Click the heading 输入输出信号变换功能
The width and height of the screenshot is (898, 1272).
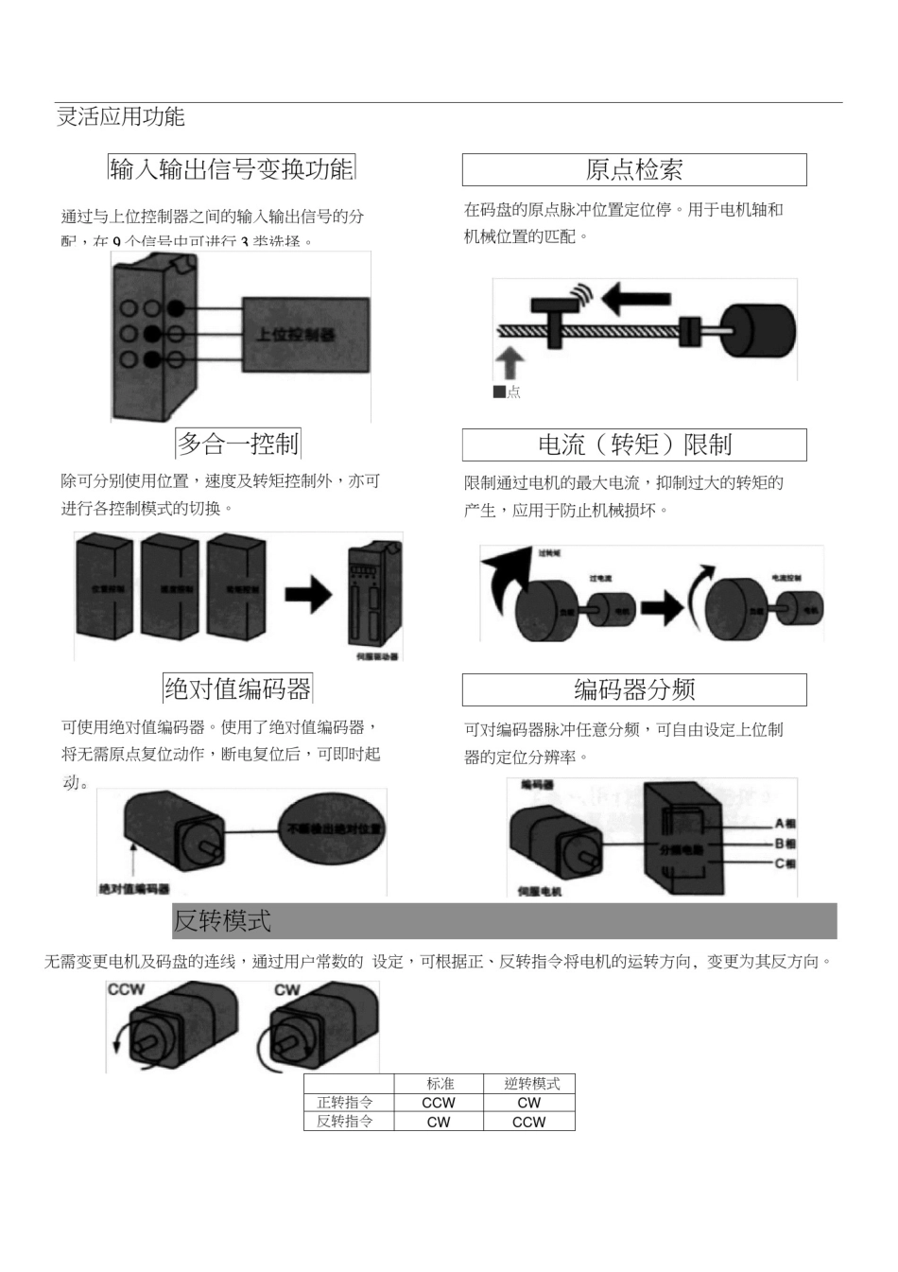tap(232, 168)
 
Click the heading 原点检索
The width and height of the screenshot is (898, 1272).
tap(633, 170)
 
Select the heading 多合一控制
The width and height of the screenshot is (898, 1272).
tap(238, 444)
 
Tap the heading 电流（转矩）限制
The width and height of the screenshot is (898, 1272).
tap(634, 444)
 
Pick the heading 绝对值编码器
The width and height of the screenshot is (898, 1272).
tap(237, 688)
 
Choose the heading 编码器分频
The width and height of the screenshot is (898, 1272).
tap(634, 690)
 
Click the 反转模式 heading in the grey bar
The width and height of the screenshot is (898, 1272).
tap(222, 920)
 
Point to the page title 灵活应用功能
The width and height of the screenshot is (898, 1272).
tap(120, 116)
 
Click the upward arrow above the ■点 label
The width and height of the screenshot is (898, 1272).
tap(509, 363)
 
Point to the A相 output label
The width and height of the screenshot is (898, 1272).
tap(785, 824)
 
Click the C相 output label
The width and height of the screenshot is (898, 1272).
tap(785, 863)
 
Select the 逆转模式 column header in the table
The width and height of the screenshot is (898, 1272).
tap(529, 1084)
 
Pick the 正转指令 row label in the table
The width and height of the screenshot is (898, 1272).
tap(345, 1103)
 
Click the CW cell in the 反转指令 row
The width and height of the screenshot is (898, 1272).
tap(439, 1122)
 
